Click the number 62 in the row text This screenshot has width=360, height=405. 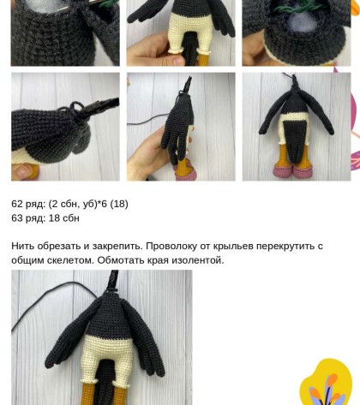pyautogui.click(x=17, y=204)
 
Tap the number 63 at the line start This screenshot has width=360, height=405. pyautogui.click(x=17, y=218)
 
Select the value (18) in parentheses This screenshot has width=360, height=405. pyautogui.click(x=119, y=204)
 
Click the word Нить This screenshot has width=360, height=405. pyautogui.click(x=23, y=246)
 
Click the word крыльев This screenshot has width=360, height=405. pyautogui.click(x=233, y=246)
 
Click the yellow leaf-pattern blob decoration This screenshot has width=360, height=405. pyautogui.click(x=327, y=383)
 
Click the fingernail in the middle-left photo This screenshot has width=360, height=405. pyautogui.click(x=24, y=171)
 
